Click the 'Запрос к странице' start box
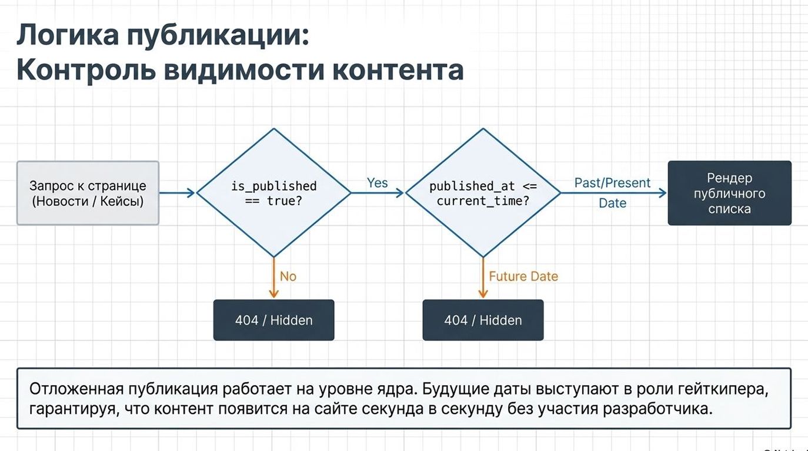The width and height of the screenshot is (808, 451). click(x=88, y=193)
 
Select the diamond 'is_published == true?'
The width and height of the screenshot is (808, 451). click(x=273, y=193)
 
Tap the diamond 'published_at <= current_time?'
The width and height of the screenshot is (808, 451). click(x=483, y=193)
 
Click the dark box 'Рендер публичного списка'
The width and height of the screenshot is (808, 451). click(x=729, y=193)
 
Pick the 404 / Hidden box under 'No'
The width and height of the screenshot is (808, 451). click(x=273, y=320)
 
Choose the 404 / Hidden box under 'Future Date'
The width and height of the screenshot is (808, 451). click(x=483, y=320)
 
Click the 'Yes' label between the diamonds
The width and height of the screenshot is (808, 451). click(x=377, y=183)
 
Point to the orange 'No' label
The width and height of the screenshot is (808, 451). click(x=288, y=276)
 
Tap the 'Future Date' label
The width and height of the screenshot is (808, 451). click(x=523, y=276)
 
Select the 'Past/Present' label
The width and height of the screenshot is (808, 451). click(x=612, y=183)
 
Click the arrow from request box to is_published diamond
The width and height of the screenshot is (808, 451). click(x=177, y=193)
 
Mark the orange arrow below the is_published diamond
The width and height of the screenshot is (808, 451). click(x=273, y=279)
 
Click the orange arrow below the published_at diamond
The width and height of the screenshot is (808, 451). click(x=483, y=279)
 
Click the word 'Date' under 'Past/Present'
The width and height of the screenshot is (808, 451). click(x=612, y=203)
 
